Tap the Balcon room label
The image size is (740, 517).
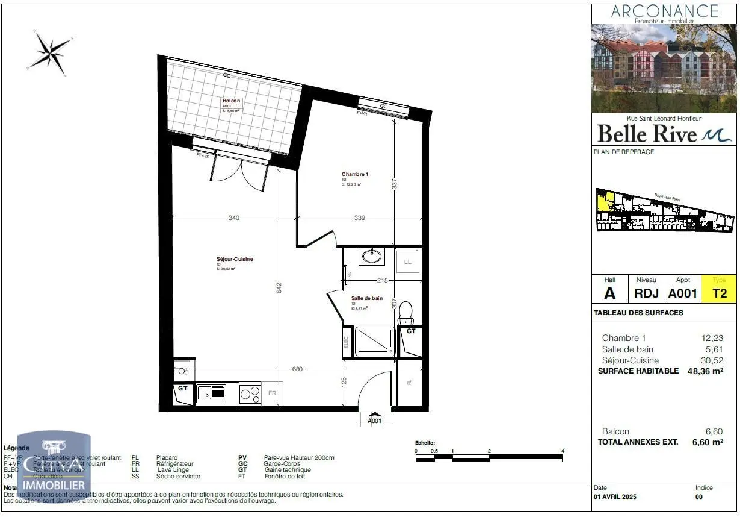(232, 101)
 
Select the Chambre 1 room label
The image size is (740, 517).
(354, 174)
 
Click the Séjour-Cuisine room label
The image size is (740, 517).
(235, 259)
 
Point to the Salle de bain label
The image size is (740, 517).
(367, 298)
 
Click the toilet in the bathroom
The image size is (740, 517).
(406, 312)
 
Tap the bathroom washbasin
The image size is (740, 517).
(372, 257)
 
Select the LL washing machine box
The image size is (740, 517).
(407, 262)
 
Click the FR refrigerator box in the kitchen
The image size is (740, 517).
(272, 393)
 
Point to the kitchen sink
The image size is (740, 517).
(211, 393)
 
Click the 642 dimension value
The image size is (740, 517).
(279, 288)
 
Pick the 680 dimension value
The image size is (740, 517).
(298, 369)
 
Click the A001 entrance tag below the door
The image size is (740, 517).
(375, 421)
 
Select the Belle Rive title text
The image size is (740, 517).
(646, 134)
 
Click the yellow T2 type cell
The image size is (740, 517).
(720, 293)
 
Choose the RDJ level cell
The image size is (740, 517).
(646, 293)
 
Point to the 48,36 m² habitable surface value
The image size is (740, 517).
(705, 371)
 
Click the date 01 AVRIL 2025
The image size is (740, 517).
(615, 497)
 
